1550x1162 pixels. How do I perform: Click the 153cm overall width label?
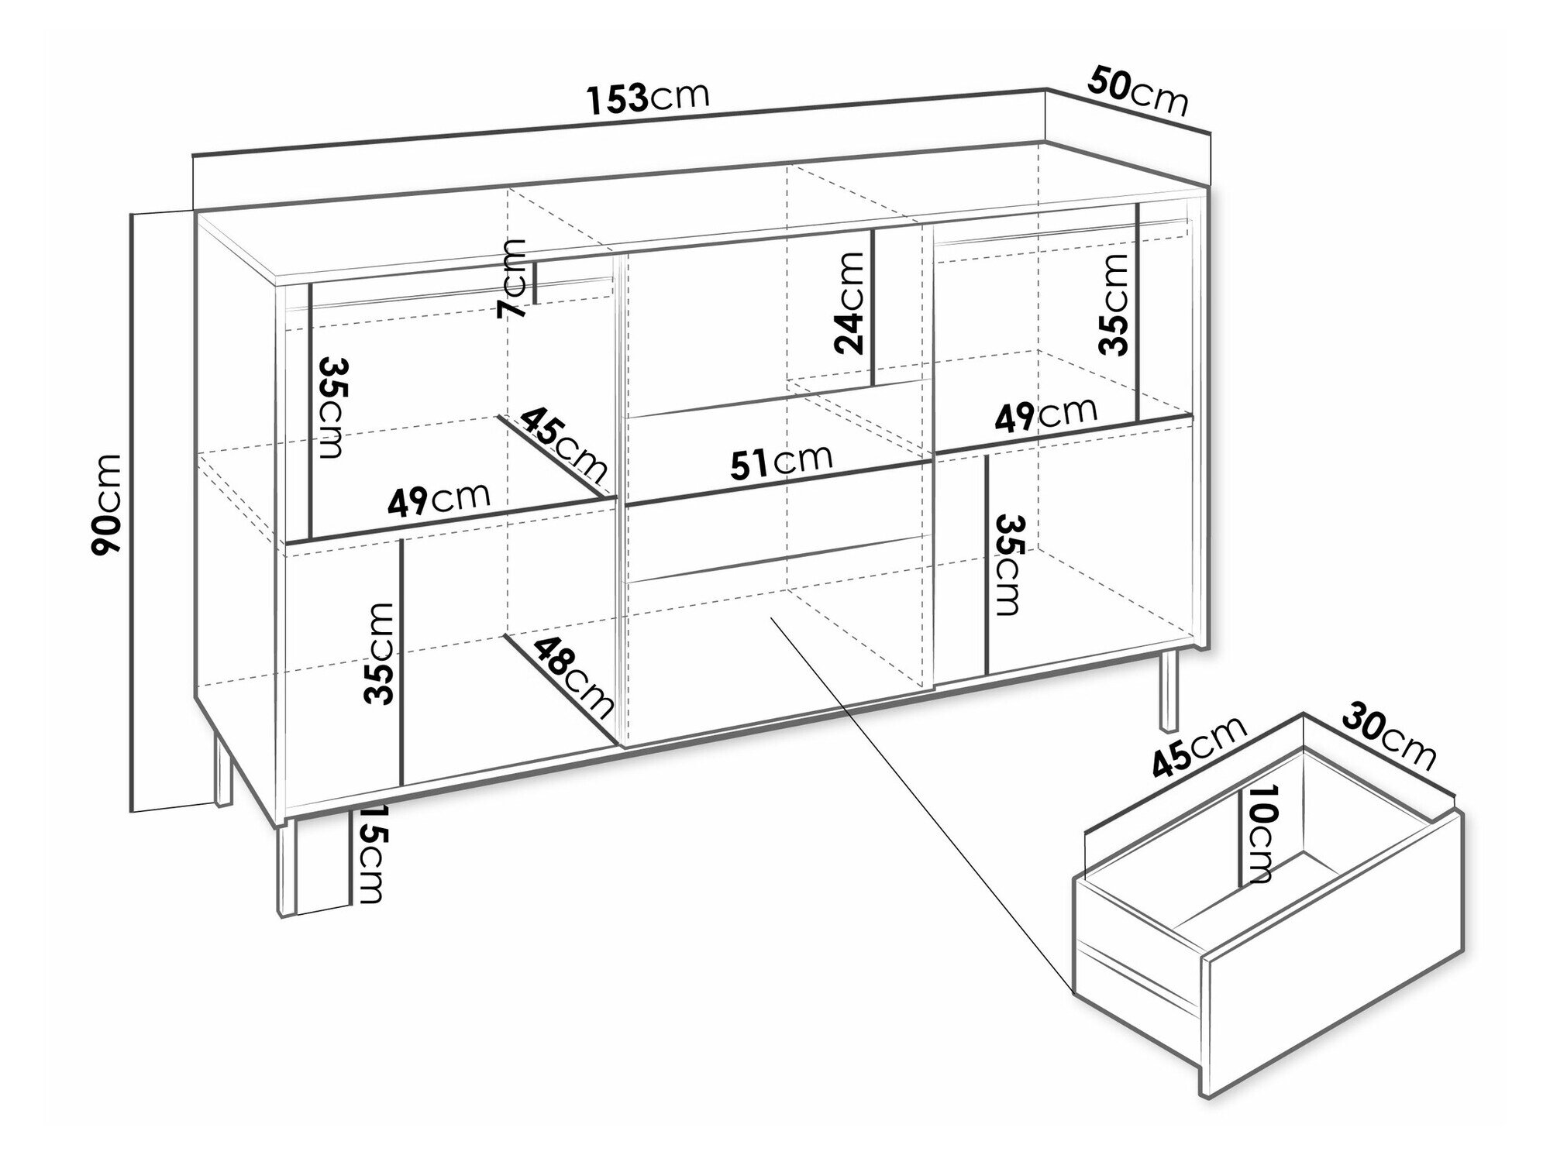point(648,97)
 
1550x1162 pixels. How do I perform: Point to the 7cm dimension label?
point(511,279)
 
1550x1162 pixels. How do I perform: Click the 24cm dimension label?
point(850,303)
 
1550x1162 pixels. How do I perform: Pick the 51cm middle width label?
point(782,462)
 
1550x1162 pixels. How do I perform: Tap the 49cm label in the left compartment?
point(439,500)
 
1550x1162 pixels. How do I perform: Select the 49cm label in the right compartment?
point(1045,415)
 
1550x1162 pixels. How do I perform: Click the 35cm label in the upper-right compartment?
point(1113,304)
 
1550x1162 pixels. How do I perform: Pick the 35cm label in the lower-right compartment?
point(1008,564)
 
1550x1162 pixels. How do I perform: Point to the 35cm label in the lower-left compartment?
point(379,654)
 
